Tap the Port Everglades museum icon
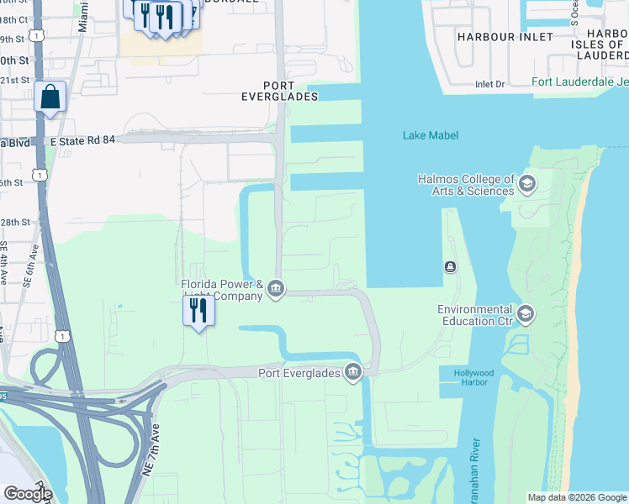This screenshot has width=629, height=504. [x=353, y=372]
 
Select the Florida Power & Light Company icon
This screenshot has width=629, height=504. [x=276, y=291]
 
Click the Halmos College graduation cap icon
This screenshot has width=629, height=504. [x=527, y=184]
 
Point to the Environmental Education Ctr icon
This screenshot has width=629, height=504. [x=526, y=315]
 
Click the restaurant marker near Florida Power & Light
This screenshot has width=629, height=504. [x=199, y=311]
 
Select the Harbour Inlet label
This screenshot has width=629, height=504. [x=505, y=37]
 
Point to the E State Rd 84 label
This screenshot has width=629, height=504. [x=82, y=140]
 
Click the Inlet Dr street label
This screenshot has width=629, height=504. [x=489, y=84]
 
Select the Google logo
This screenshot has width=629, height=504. [x=28, y=493]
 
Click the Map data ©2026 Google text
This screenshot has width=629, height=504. [x=576, y=497]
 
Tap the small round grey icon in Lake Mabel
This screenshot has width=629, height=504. [x=451, y=267]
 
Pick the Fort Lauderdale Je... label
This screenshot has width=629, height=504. [x=579, y=82]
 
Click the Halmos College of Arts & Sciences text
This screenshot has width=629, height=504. [x=466, y=185]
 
